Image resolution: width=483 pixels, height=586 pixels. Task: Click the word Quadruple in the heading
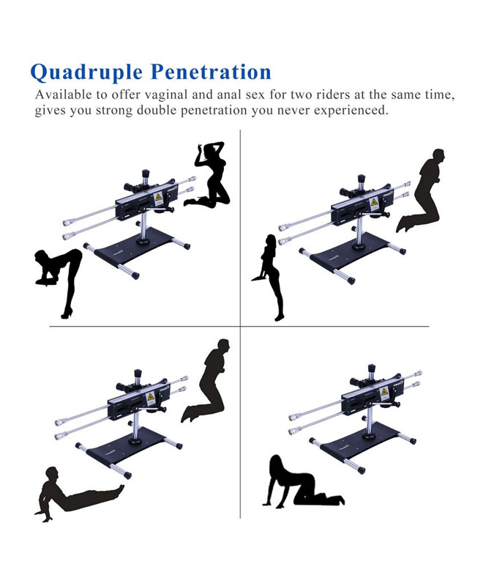pos(86,73)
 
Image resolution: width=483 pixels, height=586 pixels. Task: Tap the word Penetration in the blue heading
pos(211,72)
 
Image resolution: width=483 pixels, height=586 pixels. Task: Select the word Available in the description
pos(64,94)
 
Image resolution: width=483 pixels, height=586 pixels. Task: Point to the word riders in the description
pos(333,94)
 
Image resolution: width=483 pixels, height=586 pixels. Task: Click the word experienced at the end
pos(349,111)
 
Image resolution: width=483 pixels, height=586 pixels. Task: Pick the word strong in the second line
pos(115,111)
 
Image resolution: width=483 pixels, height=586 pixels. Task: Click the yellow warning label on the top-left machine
pos(158,199)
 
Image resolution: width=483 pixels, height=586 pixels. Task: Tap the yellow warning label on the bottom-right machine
pos(384,393)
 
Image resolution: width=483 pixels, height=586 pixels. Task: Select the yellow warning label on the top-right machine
pos(374,203)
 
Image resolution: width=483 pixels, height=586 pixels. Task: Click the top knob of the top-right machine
pos(361,178)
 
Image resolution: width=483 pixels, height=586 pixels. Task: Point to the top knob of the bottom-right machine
pos(371,368)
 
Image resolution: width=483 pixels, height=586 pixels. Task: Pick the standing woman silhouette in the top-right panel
pos(269,278)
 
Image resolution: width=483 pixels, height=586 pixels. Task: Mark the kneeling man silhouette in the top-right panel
pos(422,190)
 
